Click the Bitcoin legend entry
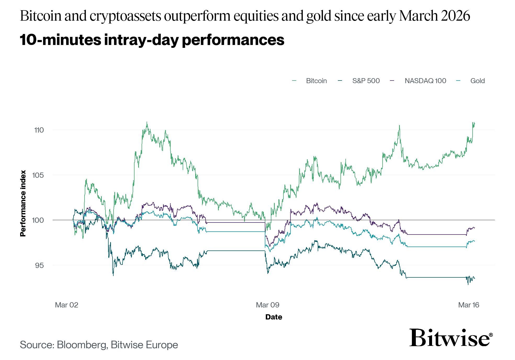pos(316,81)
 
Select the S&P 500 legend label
pos(366,81)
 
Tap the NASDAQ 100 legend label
pos(425,81)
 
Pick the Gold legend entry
pos(477,81)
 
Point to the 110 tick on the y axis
pos(39,130)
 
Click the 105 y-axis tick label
pos(38,175)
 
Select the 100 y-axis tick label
pos(38,220)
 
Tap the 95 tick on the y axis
pos(39,265)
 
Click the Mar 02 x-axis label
pos(66,305)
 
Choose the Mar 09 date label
pos(267,305)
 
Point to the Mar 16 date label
pos(468,305)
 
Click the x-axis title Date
pos(273,317)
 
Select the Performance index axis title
pos(23,203)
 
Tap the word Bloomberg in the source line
pos(82,345)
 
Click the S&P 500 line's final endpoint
pos(474,279)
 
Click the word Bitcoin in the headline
pos(41,16)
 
